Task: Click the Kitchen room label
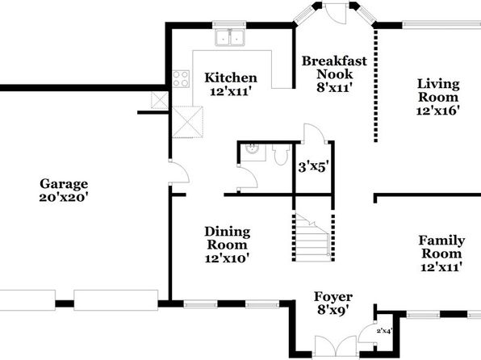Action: coord(231,77)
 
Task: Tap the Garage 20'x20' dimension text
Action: coord(64,197)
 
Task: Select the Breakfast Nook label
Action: coord(334,68)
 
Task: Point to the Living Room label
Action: coord(438,90)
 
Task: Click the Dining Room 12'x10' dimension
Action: coord(227,258)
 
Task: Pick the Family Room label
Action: coord(441,247)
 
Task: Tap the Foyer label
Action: coord(333,297)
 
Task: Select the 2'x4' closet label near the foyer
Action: coord(384,331)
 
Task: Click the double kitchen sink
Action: coord(230,37)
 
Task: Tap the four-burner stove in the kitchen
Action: coord(181,78)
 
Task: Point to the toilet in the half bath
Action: coord(281,155)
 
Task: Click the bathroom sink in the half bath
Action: coord(253,150)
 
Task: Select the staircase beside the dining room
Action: coord(312,237)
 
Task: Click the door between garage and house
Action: coord(179,172)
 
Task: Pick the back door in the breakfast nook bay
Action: coord(336,13)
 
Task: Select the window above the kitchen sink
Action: coord(229,24)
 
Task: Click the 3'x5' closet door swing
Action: coord(314,133)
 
